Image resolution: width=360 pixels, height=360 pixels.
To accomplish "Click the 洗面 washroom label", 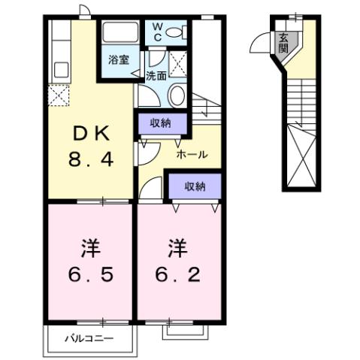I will [156, 75].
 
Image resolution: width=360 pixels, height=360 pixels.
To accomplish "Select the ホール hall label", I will [192, 155].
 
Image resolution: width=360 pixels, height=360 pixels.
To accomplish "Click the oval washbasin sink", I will [177, 96].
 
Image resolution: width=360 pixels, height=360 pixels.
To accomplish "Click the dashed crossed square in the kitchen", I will [59, 96].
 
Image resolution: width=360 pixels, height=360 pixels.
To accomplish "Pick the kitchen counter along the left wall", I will [59, 53].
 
